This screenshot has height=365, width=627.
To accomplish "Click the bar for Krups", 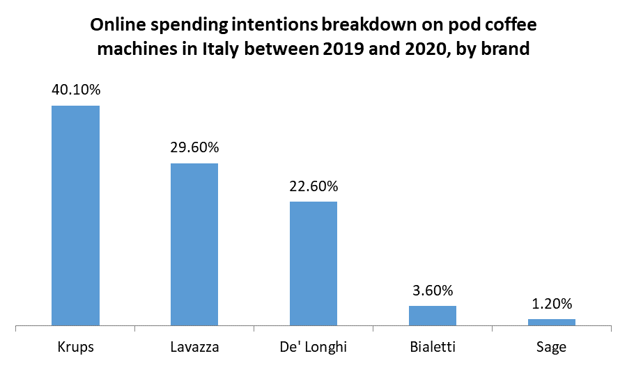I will (76, 215).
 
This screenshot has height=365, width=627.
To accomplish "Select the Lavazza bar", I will (194, 244).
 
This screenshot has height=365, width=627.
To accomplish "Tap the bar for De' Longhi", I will (313, 263).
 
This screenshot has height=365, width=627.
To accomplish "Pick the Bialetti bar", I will (432, 315).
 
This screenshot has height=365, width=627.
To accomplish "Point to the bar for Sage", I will (551, 322).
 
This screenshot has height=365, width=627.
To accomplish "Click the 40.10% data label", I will (76, 90).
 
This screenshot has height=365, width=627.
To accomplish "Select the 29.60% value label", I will (194, 147).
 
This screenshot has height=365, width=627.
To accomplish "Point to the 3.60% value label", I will (432, 290).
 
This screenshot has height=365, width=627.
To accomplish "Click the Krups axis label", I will (76, 346).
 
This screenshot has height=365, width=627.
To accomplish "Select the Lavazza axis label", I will (194, 346).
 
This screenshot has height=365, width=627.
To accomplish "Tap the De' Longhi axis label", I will (313, 346).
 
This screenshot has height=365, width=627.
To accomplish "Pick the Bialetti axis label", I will (432, 346).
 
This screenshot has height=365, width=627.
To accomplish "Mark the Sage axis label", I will (551, 346).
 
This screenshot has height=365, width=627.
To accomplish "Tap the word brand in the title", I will (510, 50).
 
